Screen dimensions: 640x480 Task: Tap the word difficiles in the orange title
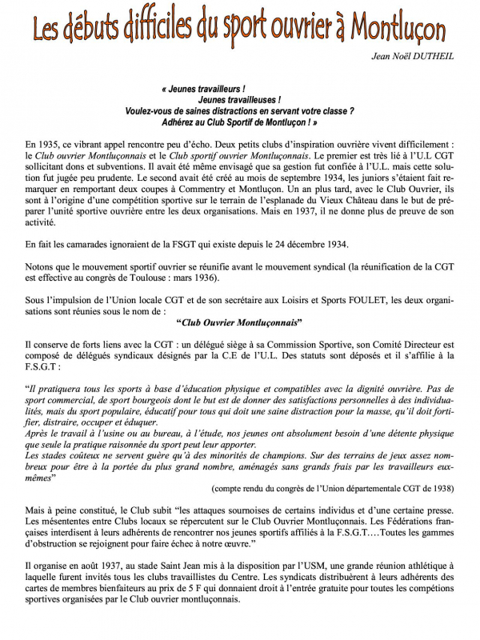tap(150, 30)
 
